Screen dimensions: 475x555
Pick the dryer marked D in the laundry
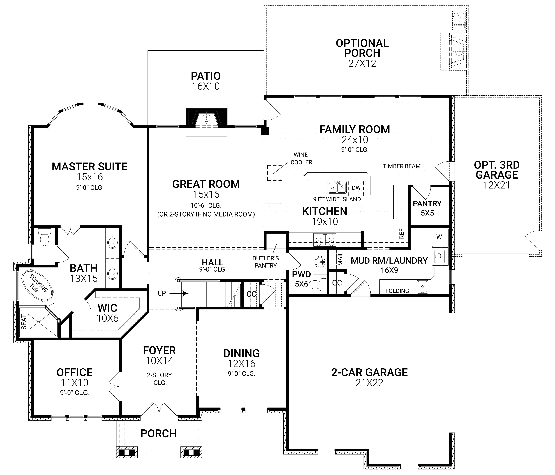tap(439, 256)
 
